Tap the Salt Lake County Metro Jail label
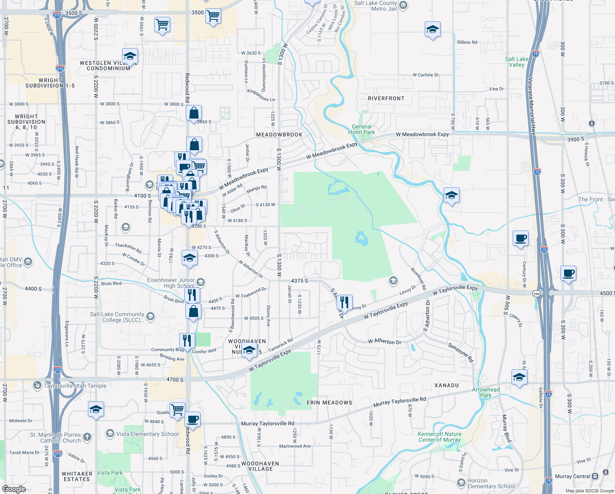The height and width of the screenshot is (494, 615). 375,6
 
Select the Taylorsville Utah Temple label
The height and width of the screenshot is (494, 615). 75,386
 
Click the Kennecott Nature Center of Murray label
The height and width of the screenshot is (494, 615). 439,437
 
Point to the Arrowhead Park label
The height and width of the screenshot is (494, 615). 486,392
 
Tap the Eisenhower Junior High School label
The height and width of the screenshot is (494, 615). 171,283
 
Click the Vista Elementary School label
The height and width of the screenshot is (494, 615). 147,434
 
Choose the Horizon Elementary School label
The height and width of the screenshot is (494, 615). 491,483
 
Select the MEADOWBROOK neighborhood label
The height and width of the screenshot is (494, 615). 279,135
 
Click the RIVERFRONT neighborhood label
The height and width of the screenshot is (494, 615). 386,98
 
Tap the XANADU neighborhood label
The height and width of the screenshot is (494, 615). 446,385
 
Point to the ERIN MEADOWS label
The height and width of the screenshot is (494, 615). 329,403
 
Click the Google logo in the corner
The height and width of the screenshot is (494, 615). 14,489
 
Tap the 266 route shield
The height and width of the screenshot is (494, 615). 536,294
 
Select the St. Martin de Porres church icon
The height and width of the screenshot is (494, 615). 87,437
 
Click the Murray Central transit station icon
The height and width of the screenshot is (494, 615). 595,476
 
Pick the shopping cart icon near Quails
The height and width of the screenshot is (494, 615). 177,410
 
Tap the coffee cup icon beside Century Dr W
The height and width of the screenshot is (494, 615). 520,238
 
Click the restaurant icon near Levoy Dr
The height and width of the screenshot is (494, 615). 344,302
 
